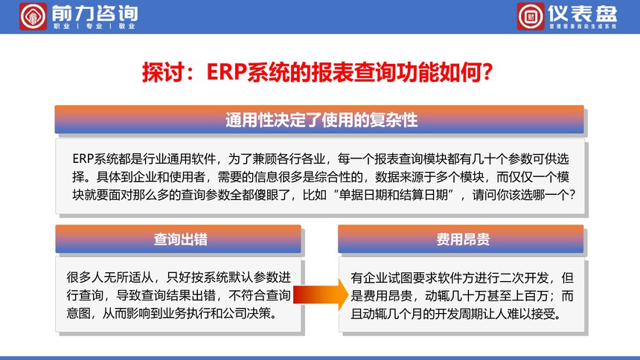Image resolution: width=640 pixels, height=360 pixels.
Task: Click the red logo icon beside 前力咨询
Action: coord(33,16)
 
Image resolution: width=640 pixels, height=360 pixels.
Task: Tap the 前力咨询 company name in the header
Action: coord(95,13)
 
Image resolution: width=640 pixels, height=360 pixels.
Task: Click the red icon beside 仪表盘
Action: coord(531,16)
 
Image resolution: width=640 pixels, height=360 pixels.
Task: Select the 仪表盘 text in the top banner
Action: coord(583,13)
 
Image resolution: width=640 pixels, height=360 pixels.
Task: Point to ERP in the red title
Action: coord(226,72)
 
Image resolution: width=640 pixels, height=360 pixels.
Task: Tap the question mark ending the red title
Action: coord(487,72)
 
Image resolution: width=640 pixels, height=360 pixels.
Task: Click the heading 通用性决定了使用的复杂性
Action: coord(321,120)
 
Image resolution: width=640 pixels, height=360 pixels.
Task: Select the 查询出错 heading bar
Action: coord(179,240)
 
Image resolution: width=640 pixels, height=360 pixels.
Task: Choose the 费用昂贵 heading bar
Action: coord(461,240)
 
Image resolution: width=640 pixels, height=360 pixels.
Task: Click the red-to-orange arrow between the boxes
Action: coord(321,295)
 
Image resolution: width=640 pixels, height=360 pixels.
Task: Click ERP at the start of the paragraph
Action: coord(83,158)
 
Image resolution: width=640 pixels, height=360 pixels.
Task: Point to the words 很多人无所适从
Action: coord(110,277)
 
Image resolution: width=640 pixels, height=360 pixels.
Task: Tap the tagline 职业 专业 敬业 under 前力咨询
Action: coord(95,26)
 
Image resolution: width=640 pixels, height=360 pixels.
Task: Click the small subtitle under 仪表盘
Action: coord(583,26)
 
